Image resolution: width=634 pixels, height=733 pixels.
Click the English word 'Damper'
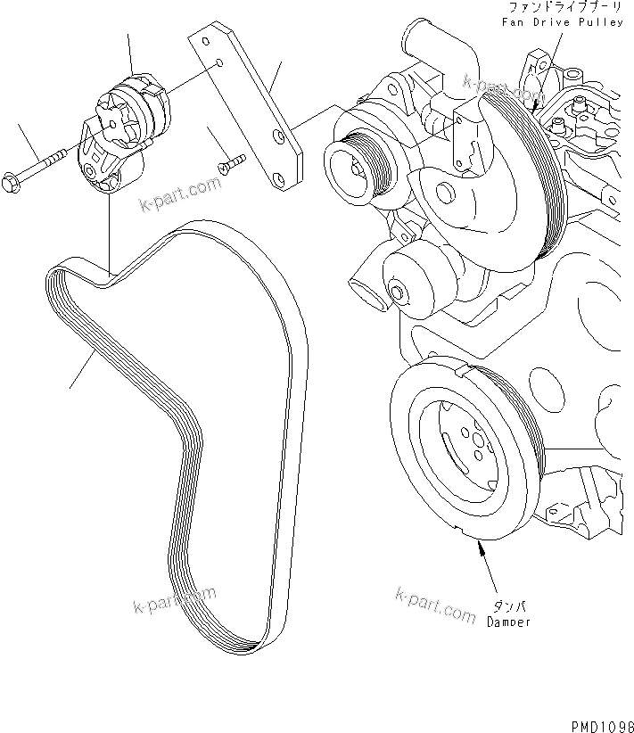click(508, 622)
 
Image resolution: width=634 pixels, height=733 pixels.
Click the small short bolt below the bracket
click(231, 163)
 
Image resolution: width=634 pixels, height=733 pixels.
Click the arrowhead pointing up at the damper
click(483, 553)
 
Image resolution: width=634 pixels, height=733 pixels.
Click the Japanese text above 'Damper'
click(506, 606)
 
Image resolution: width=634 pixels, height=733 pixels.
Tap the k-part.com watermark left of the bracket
click(178, 195)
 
